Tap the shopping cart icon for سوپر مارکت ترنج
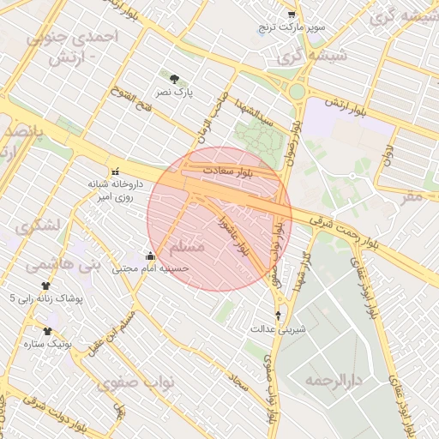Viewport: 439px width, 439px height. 292,15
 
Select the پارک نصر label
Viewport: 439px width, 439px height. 179,90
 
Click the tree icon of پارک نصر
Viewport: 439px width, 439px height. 176,78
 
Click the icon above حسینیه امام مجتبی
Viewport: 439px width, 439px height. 151,256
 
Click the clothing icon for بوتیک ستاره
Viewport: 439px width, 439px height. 47,330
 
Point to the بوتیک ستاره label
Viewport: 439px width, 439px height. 71,343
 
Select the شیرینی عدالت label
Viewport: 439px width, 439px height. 278,328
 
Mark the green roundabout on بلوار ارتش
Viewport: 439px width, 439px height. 298,90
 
